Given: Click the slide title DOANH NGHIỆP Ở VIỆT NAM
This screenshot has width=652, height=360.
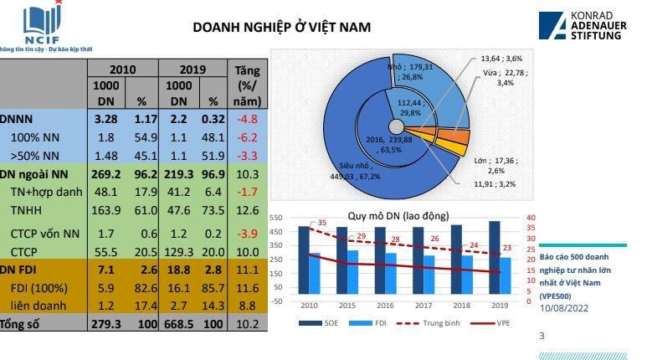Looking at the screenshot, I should point(281,28).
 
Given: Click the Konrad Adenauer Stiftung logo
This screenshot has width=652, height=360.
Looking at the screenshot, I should point(586,26).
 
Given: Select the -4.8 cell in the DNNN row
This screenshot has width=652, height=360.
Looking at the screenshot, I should point(248,119).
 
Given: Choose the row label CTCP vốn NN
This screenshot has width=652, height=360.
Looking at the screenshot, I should point(45,233).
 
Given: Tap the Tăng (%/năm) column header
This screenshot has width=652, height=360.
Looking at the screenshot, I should point(248,85).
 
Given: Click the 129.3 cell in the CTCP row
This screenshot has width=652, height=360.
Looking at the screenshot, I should point(179,251).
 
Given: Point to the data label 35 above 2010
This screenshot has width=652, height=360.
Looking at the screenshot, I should point(322,223).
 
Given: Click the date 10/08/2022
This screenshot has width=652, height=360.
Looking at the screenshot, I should point(564,308).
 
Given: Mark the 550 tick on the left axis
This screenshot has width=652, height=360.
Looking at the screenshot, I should point(275,218).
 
